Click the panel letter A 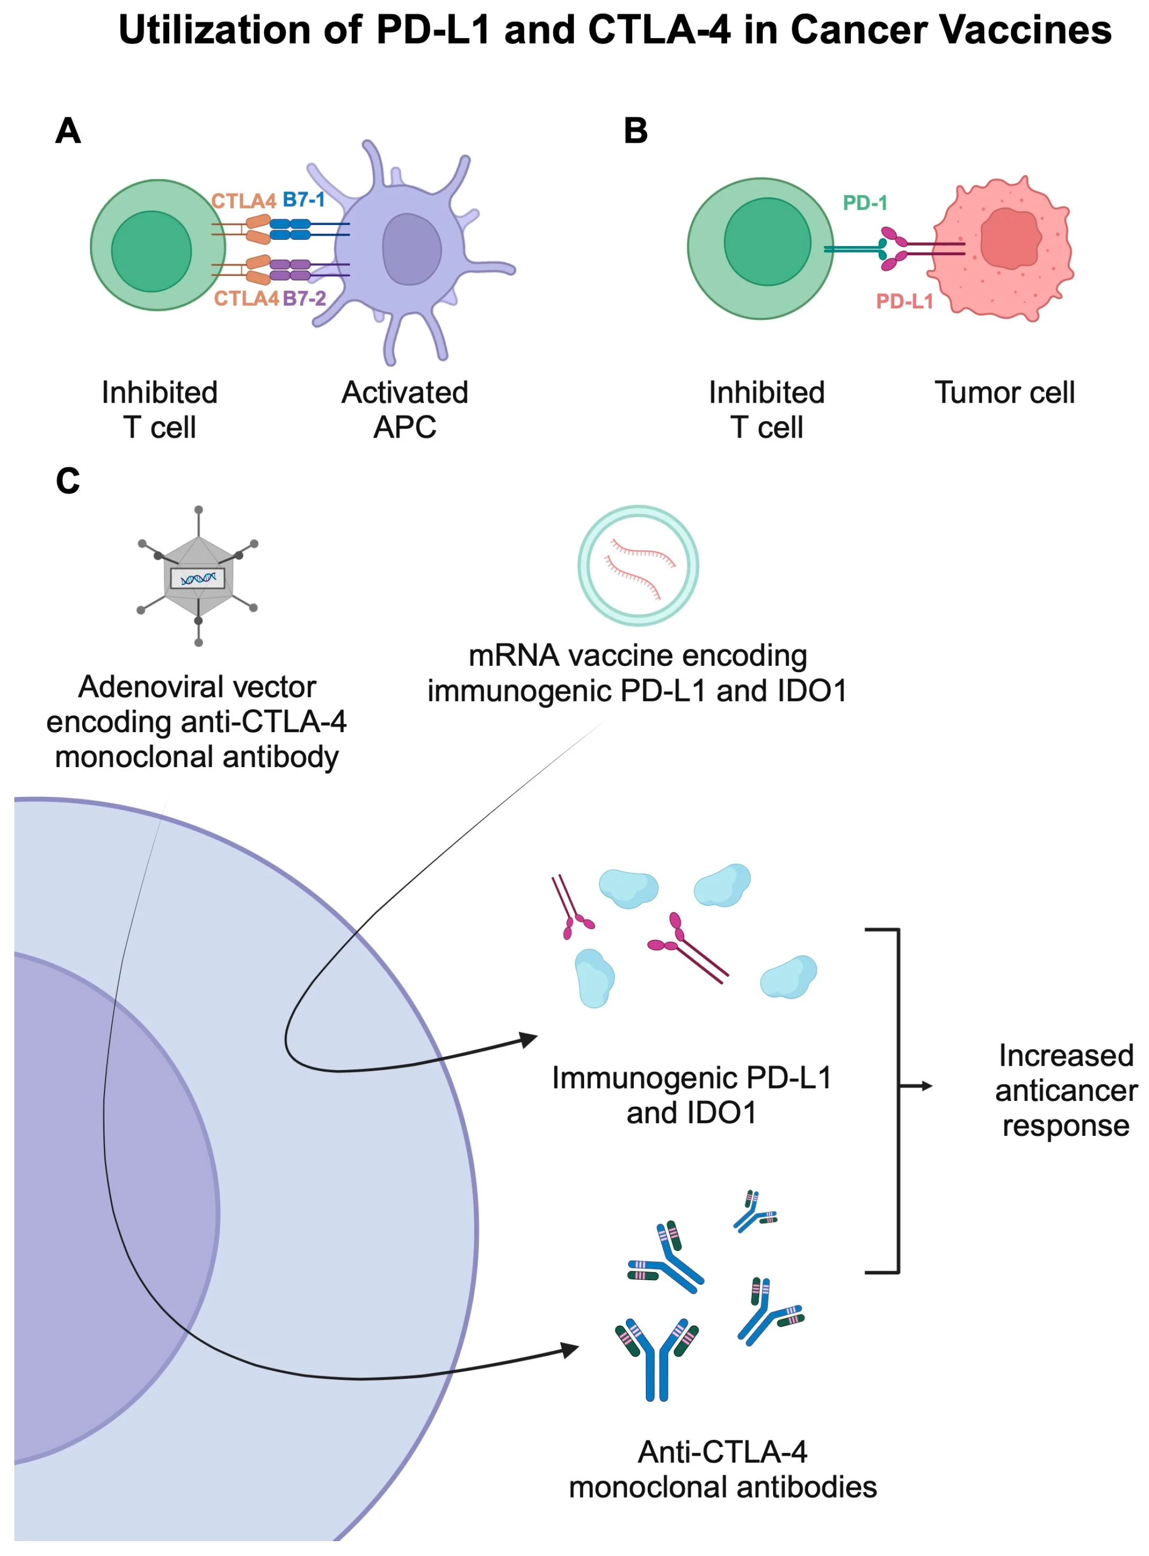click(68, 131)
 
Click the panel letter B click(635, 131)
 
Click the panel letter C click(68, 481)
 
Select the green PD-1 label click(865, 203)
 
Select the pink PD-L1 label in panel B click(903, 301)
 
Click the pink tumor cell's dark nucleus click(1010, 239)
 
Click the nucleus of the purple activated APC click(412, 248)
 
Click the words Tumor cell click(1004, 392)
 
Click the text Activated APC click(405, 409)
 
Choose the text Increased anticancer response click(1066, 1090)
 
